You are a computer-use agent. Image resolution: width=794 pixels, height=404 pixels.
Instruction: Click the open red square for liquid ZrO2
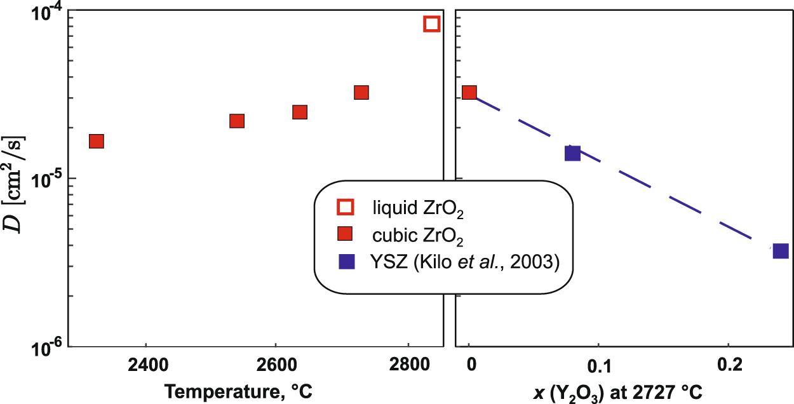point(432,24)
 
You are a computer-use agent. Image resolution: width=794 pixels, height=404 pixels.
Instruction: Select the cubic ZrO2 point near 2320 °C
point(97,141)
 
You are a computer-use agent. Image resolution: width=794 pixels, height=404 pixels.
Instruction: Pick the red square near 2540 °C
point(237,121)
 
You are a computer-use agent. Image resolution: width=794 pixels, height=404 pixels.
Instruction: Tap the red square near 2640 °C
point(300,112)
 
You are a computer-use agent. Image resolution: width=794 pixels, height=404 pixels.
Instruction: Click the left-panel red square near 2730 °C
point(361,92)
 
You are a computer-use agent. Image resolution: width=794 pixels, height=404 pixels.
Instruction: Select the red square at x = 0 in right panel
point(469,92)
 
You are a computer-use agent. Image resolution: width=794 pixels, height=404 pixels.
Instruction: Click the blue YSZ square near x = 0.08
point(572,152)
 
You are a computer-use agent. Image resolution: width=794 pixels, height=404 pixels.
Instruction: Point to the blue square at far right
point(781,250)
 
